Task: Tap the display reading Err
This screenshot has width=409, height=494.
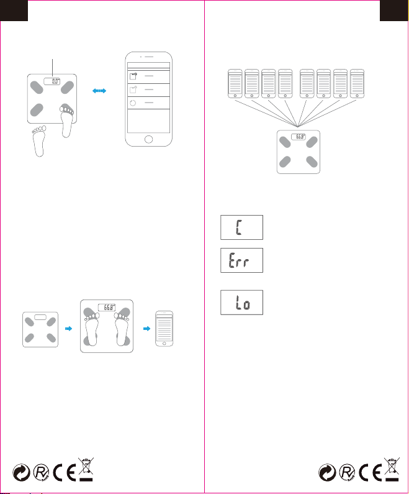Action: coord(241,259)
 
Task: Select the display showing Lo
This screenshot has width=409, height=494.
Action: coord(241,304)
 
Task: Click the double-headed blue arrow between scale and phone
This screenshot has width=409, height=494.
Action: coord(99,91)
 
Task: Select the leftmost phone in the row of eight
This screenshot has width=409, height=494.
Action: coord(235,82)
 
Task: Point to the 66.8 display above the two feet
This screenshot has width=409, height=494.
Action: coord(109,306)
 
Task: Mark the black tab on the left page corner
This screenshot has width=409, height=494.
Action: coord(13,8)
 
